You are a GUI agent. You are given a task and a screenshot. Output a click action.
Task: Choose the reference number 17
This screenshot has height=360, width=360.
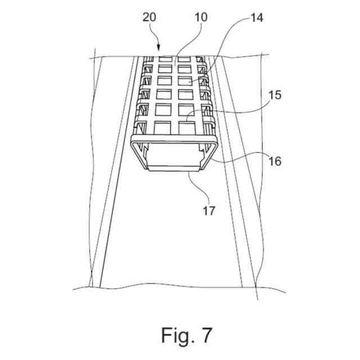[x=209, y=211]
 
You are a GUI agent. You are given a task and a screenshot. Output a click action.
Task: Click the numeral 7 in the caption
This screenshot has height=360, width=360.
[x=206, y=335]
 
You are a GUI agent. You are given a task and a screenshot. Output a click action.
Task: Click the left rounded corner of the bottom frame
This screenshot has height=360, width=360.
[x=134, y=142]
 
